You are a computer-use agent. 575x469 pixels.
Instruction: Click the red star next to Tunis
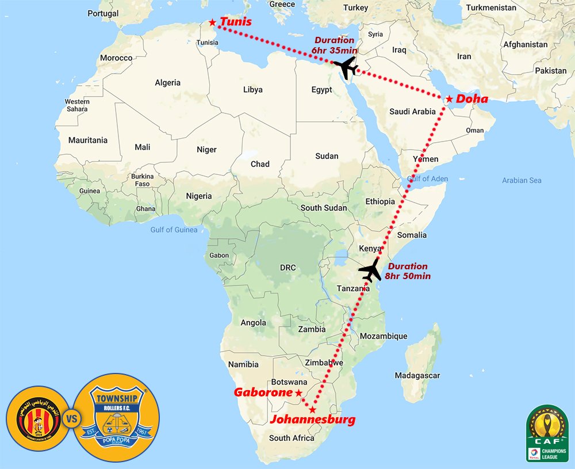point(213,22)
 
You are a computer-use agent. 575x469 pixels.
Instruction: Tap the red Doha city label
point(472,99)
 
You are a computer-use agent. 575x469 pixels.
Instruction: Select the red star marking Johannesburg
point(312,410)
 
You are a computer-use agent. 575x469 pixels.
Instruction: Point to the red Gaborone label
point(263,392)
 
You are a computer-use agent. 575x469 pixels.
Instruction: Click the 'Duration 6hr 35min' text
point(334,45)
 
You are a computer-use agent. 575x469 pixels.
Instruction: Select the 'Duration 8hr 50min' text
point(408,271)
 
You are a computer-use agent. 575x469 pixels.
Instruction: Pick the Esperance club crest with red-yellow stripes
point(33,419)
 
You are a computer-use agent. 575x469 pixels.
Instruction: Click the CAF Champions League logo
point(547,433)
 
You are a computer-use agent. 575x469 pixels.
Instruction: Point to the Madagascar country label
point(417,375)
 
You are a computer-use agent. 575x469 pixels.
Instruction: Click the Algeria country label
point(167,83)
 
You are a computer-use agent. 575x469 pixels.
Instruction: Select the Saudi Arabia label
point(412,112)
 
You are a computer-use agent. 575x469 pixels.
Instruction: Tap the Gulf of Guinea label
point(174,230)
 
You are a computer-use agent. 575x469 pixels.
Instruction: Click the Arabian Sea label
point(522,180)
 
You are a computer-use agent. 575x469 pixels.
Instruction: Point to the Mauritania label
point(88,140)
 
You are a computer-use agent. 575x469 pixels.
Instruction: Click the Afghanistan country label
point(525,44)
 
